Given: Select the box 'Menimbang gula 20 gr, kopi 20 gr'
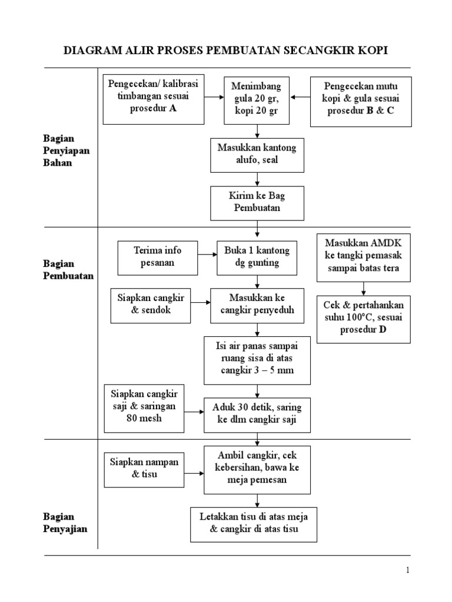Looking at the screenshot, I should pyautogui.click(x=257, y=100).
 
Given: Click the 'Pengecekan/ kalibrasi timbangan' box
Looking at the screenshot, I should pyautogui.click(x=152, y=99).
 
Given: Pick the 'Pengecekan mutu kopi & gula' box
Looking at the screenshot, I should pyautogui.click(x=361, y=101).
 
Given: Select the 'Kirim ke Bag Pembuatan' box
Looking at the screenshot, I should pyautogui.click(x=257, y=202).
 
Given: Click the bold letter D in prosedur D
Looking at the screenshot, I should pyautogui.click(x=383, y=330).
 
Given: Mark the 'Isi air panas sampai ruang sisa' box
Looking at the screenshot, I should pyautogui.click(x=257, y=360).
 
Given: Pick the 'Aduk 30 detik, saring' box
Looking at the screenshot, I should pyautogui.click(x=257, y=414).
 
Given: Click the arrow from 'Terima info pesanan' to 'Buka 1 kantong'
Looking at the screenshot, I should pyautogui.click(x=206, y=255).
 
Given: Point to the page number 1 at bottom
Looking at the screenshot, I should pyautogui.click(x=407, y=570).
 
